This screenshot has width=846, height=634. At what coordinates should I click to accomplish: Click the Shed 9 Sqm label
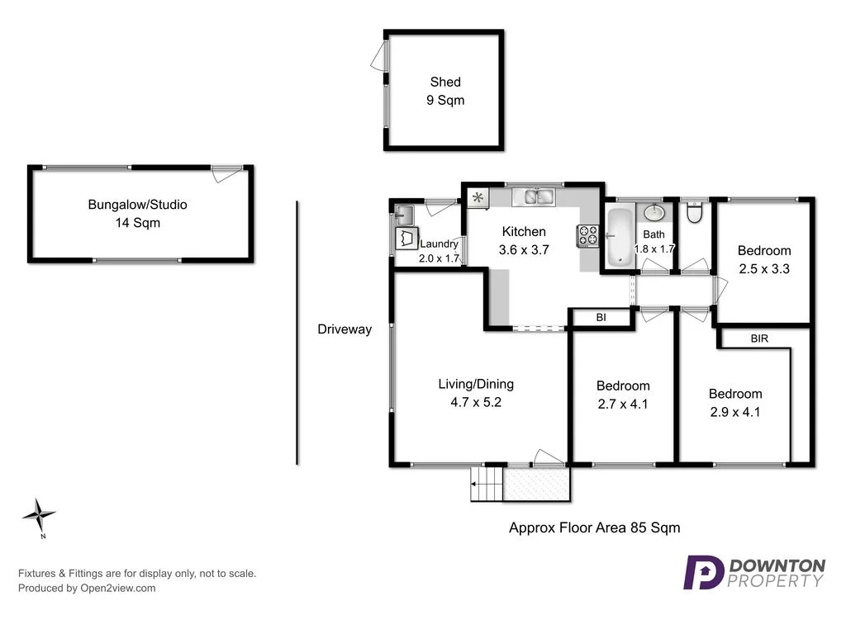[x=445, y=91]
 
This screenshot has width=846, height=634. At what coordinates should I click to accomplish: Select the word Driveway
[x=345, y=329]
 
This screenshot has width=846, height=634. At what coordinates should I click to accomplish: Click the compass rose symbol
[x=39, y=516]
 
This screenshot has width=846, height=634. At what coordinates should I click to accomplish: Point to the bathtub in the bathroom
[x=618, y=237]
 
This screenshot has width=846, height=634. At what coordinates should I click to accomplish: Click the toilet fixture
[x=694, y=214]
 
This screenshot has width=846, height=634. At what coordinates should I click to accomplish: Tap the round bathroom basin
[x=655, y=213]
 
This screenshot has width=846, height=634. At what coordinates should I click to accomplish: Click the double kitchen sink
[x=534, y=198]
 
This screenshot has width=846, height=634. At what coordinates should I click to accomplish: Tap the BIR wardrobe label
[x=759, y=338]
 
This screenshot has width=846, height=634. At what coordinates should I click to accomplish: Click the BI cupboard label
[x=601, y=317]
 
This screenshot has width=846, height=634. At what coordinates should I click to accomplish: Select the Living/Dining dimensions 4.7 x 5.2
[x=476, y=403]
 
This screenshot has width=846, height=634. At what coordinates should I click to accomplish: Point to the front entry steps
[x=487, y=484]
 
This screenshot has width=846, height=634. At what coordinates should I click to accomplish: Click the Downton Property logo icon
[x=702, y=572]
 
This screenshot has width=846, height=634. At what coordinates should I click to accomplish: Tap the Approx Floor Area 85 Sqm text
[x=594, y=528]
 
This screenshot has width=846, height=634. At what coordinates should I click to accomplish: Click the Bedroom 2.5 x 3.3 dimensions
[x=763, y=268]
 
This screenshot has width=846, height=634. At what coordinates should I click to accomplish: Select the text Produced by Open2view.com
[x=87, y=589]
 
